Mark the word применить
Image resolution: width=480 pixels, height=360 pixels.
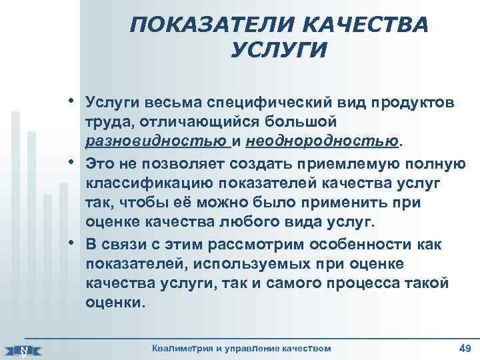pos(361,202)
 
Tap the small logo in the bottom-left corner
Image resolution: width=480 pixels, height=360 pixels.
pos(23,349)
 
